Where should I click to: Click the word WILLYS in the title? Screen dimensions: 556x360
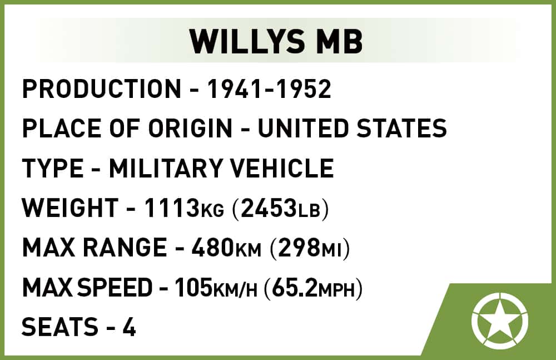click(x=247, y=41)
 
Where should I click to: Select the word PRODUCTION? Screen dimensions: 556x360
click(x=102, y=89)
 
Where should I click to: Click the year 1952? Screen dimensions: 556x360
click(x=304, y=89)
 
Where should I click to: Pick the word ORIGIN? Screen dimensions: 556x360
click(x=190, y=128)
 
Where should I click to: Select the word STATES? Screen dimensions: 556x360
click(x=401, y=128)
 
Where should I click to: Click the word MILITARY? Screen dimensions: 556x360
click(x=165, y=168)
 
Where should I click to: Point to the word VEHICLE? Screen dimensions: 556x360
click(x=281, y=168)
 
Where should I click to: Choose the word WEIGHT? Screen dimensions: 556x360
click(x=70, y=208)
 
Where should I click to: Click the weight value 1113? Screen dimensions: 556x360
click(x=172, y=208)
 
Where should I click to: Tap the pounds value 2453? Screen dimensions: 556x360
click(x=269, y=208)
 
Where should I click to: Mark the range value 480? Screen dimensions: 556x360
click(x=213, y=248)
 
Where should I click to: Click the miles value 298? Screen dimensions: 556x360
click(x=299, y=248)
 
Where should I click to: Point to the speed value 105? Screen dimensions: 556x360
click(x=193, y=287)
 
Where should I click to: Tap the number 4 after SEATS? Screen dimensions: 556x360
click(x=130, y=327)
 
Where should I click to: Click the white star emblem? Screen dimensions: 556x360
click(x=500, y=320)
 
